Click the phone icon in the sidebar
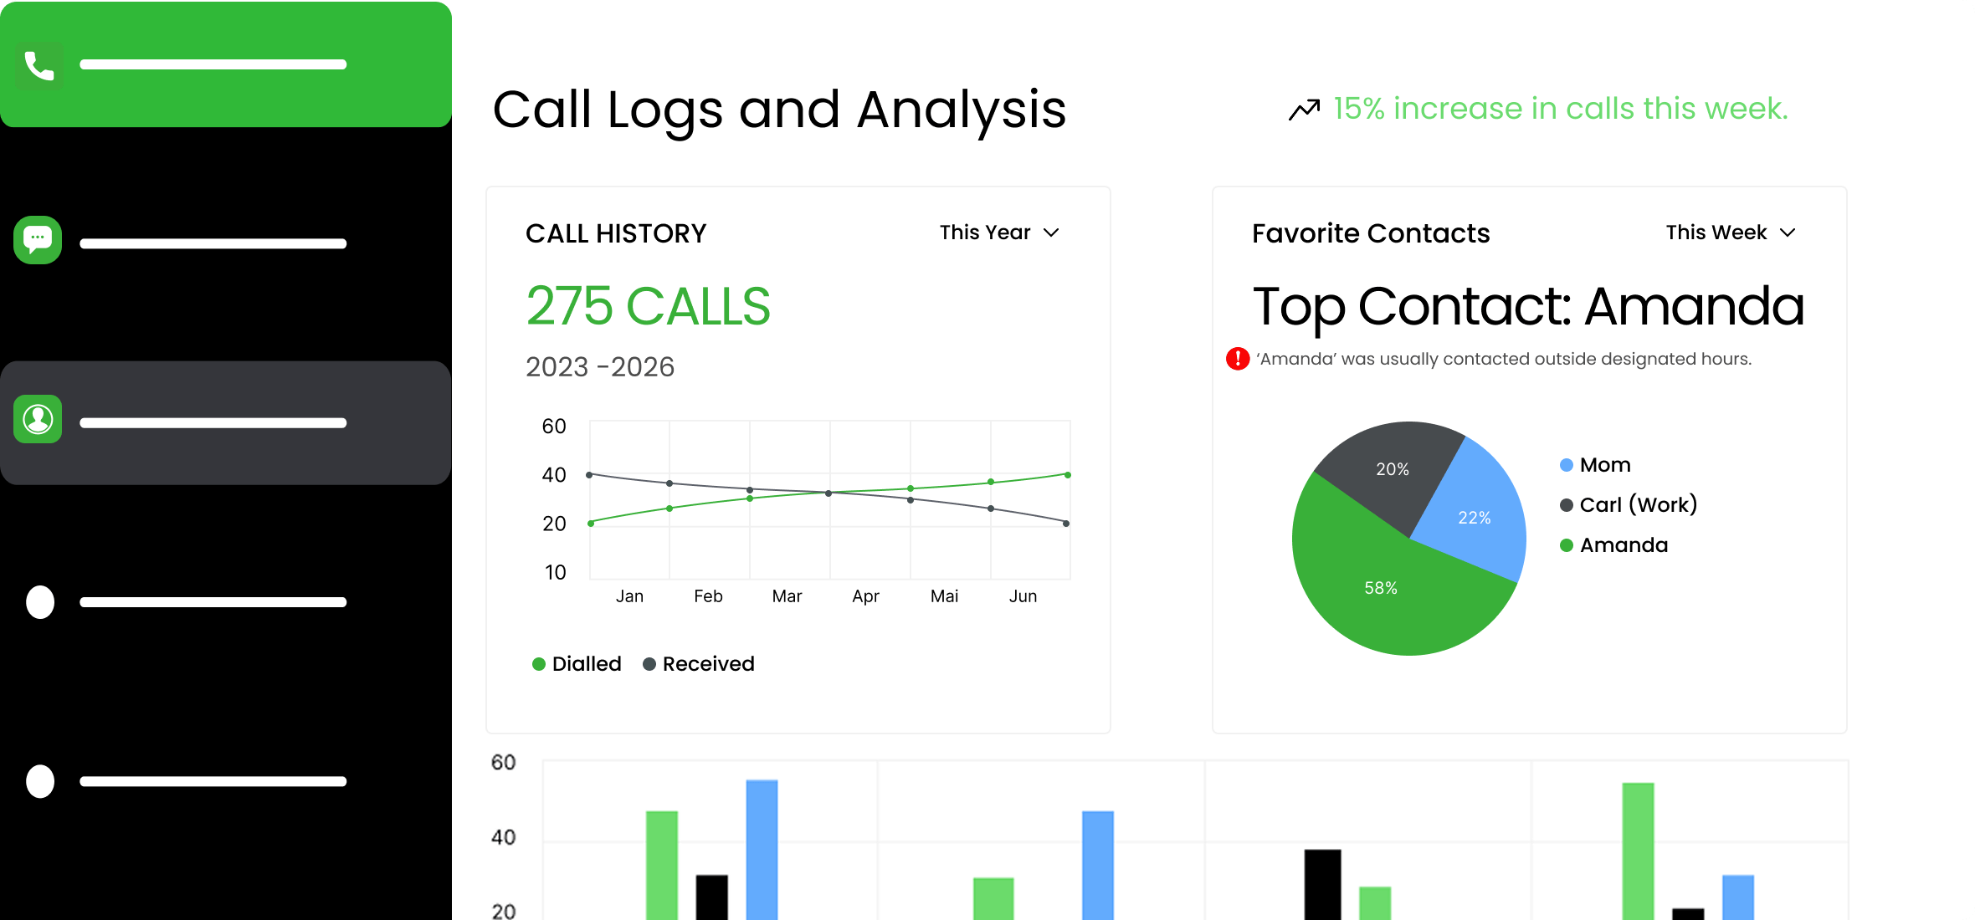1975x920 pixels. tap(38, 65)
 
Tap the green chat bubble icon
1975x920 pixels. tap(38, 241)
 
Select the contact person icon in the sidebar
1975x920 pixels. tap(38, 419)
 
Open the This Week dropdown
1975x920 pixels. tap(1730, 233)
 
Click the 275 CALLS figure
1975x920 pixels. tap(648, 306)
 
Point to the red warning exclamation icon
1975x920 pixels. tap(1238, 359)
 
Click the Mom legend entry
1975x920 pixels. tap(1596, 465)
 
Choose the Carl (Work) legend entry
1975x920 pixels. tap(1629, 505)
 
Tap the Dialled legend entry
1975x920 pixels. tap(577, 664)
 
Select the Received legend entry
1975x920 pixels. tap(699, 664)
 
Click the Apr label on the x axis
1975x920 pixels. tap(865, 596)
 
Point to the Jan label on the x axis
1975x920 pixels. tap(629, 596)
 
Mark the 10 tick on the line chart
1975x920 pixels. tap(555, 573)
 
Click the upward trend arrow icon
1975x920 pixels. tap(1304, 110)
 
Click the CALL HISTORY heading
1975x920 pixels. tap(616, 233)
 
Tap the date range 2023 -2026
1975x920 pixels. tap(599, 367)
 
